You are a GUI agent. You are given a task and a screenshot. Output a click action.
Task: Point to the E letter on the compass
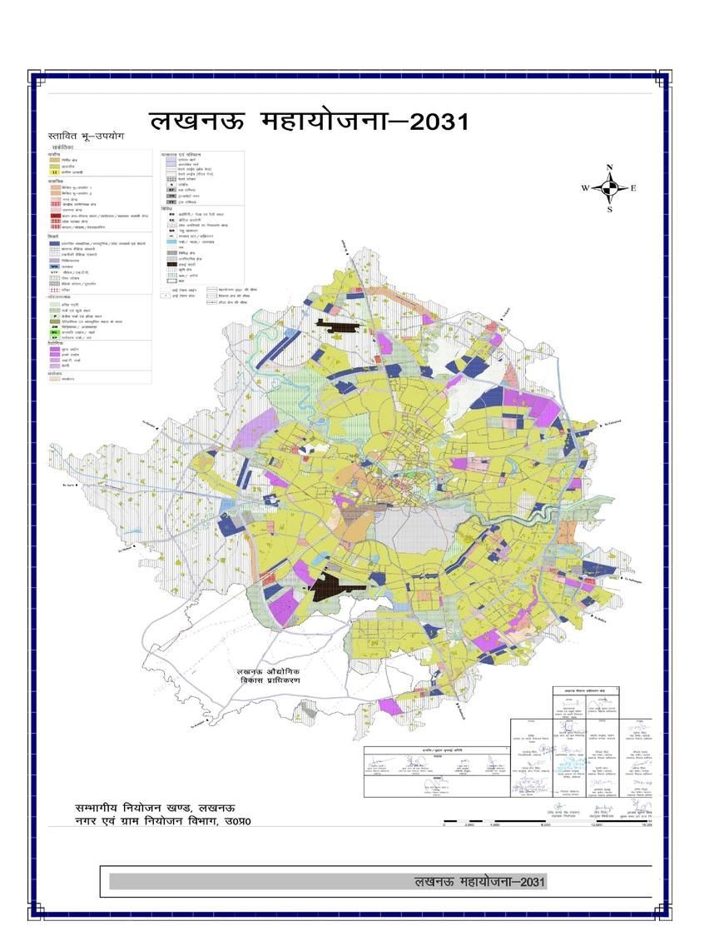click(x=633, y=188)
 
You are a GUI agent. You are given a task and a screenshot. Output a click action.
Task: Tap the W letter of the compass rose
click(x=585, y=188)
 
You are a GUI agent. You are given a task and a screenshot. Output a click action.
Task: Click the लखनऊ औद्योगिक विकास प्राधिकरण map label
click(x=268, y=675)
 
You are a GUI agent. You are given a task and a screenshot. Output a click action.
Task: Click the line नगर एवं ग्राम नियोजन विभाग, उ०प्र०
click(x=162, y=822)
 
